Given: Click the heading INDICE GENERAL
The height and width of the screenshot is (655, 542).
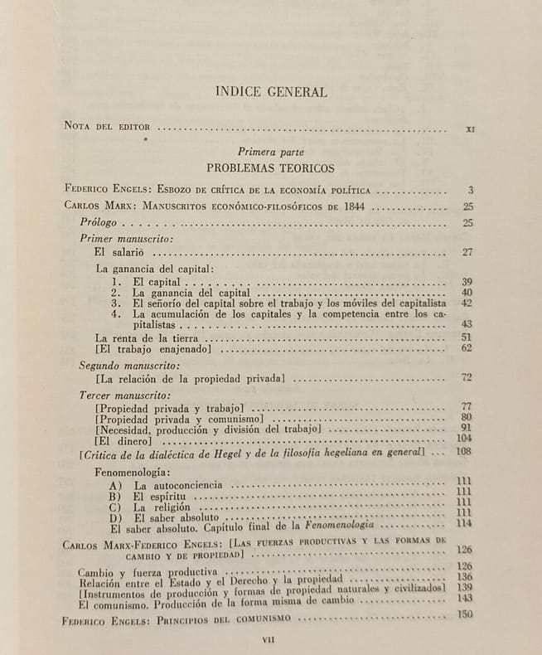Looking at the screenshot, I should pyautogui.click(x=270, y=91).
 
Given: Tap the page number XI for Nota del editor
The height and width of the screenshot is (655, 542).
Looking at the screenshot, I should pyautogui.click(x=470, y=129).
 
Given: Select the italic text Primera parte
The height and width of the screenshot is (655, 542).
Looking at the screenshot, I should pyautogui.click(x=270, y=152).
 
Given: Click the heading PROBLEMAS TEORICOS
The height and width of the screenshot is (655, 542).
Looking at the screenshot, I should pyautogui.click(x=270, y=167).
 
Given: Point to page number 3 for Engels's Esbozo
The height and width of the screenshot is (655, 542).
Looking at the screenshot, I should pyautogui.click(x=470, y=191).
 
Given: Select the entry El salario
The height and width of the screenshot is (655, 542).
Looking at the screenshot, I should pyautogui.click(x=120, y=252).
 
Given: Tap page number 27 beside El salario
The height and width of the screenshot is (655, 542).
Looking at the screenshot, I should pyautogui.click(x=467, y=252).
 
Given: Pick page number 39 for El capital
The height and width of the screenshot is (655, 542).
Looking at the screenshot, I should pyautogui.click(x=467, y=282).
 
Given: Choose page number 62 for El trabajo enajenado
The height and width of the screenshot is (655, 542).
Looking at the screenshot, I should pyautogui.click(x=467, y=348).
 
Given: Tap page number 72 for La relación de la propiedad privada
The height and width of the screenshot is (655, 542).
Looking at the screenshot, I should pyautogui.click(x=467, y=378).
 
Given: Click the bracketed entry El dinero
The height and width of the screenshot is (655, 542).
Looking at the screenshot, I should pyautogui.click(x=122, y=439).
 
